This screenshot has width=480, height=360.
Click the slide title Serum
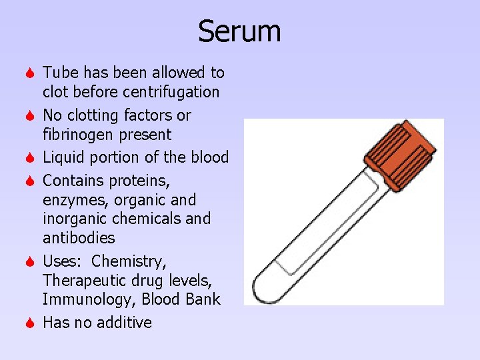pyautogui.click(x=239, y=31)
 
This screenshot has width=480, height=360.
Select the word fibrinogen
pyautogui.click(x=79, y=135)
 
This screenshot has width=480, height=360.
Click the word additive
pyautogui.click(x=124, y=323)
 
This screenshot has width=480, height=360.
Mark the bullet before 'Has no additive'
pyautogui.click(x=30, y=323)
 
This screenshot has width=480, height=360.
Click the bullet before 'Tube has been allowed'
pyautogui.click(x=30, y=73)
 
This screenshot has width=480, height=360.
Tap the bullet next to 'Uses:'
pyautogui.click(x=30, y=261)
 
